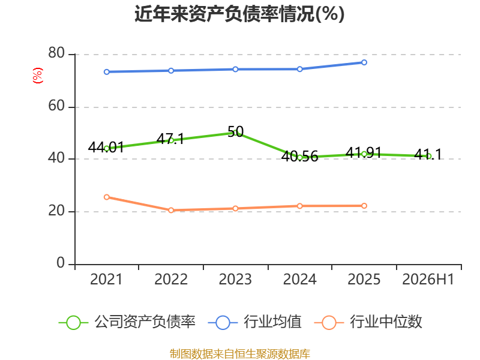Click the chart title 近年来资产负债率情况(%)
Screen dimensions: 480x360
239,14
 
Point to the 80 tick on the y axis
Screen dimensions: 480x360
56,53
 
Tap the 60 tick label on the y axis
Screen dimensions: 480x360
56,106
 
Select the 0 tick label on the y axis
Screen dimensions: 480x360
61,263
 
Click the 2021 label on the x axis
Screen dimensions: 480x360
106,279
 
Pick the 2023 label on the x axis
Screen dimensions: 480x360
235,279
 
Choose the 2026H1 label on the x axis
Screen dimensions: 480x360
428,279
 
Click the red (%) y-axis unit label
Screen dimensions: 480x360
38,76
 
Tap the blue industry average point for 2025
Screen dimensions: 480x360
364,62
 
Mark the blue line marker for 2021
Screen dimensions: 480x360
107,72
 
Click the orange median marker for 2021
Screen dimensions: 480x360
107,197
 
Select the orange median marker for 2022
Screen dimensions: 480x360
171,211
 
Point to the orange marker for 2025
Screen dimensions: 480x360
364,206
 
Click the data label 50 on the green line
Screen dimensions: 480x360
236,131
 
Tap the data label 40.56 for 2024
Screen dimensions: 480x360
299,156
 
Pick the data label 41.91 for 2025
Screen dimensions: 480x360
364,152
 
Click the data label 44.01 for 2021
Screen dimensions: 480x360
106,147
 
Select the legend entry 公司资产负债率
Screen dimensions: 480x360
127,322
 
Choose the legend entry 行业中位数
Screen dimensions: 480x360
368,322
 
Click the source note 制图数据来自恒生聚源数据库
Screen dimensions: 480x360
240,353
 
